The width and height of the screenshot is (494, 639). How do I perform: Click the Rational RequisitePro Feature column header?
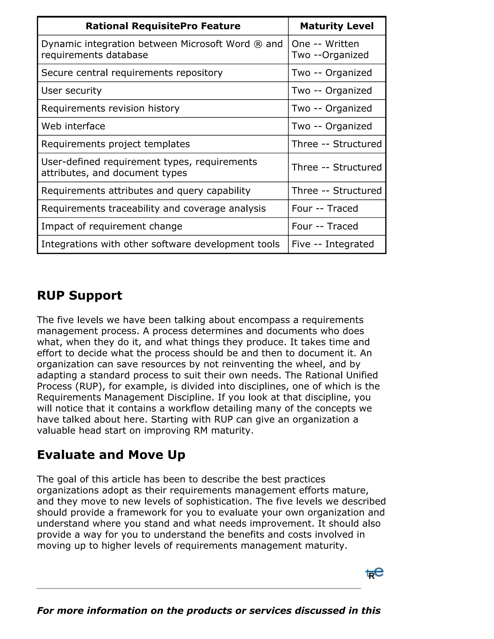[x=163, y=26]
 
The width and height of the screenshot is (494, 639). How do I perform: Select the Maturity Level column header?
[x=336, y=26]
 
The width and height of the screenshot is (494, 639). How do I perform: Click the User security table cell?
[x=71, y=91]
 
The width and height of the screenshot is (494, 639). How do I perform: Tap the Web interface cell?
[x=73, y=126]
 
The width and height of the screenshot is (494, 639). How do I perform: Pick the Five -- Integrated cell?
[x=333, y=244]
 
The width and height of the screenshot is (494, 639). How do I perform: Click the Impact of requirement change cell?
[x=111, y=226]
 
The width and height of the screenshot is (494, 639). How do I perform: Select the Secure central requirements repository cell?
[x=132, y=73]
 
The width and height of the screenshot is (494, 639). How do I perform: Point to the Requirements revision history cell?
[x=110, y=108]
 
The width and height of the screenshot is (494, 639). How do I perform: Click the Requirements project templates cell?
[x=115, y=144]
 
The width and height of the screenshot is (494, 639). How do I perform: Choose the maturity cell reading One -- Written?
[x=325, y=44]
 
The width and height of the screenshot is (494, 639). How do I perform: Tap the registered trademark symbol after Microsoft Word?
[x=258, y=44]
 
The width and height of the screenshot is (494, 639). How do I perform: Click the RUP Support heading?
[x=79, y=295]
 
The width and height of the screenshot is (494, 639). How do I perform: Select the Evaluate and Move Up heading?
[x=111, y=454]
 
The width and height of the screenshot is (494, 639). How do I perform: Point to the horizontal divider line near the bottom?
[x=199, y=588]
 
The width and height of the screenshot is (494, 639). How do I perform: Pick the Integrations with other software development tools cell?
[x=160, y=244]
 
